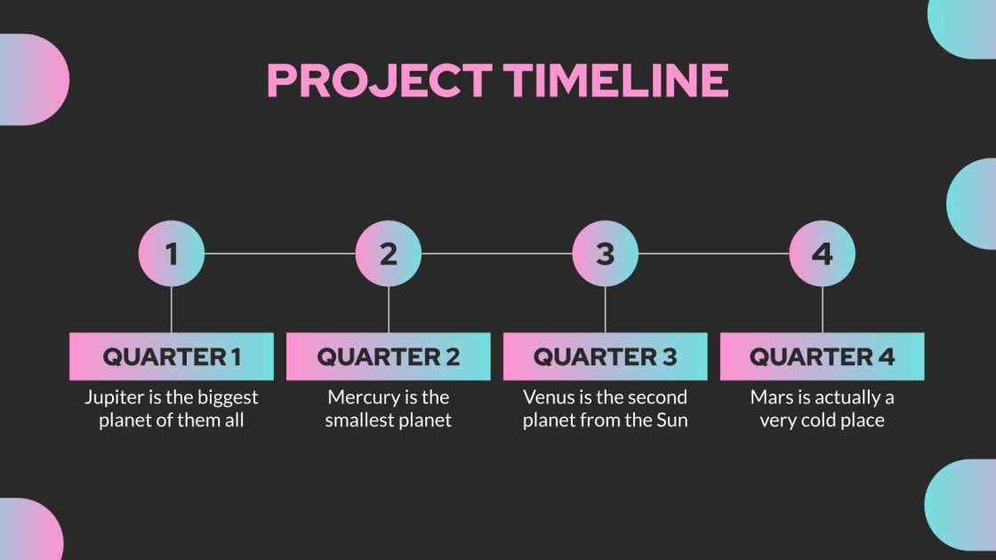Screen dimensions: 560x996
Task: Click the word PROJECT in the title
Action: (379, 81)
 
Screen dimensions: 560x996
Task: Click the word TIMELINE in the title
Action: (617, 81)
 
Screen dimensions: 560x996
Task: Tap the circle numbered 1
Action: (172, 254)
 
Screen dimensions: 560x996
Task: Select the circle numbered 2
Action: (389, 254)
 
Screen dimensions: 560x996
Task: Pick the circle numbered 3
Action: (606, 254)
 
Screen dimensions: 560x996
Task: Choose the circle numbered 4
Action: (823, 254)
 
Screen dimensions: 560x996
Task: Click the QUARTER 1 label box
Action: (172, 356)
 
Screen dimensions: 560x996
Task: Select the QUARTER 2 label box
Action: (389, 356)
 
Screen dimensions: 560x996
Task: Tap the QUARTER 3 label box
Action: (606, 356)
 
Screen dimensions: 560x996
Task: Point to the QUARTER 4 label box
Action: (823, 356)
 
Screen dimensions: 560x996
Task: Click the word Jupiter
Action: (113, 397)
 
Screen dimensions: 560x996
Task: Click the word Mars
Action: (770, 397)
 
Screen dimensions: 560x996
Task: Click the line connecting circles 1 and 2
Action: (280, 253)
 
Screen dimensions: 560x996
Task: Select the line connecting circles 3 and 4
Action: (714, 253)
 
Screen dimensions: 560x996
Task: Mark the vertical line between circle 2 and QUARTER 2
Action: (389, 309)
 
